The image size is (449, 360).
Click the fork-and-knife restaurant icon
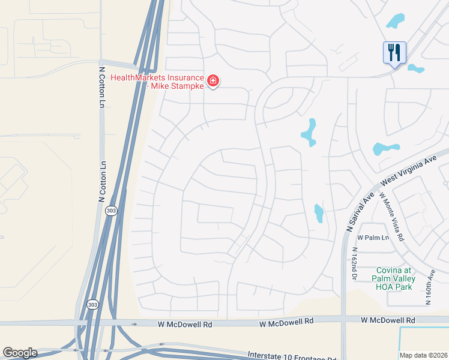[x=394, y=52]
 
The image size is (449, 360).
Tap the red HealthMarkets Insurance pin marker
[x=212, y=81]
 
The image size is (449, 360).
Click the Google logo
[x=20, y=353]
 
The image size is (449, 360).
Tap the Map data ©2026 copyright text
[x=423, y=355]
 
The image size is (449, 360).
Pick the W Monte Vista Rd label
[x=391, y=215]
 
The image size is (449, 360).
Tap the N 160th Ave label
[x=429, y=289]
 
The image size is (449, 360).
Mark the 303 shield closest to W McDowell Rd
[x=92, y=304]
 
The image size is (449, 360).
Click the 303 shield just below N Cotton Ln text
[x=111, y=211]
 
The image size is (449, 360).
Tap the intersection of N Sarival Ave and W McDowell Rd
[x=343, y=322]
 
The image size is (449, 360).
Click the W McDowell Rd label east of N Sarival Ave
[x=388, y=321]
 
